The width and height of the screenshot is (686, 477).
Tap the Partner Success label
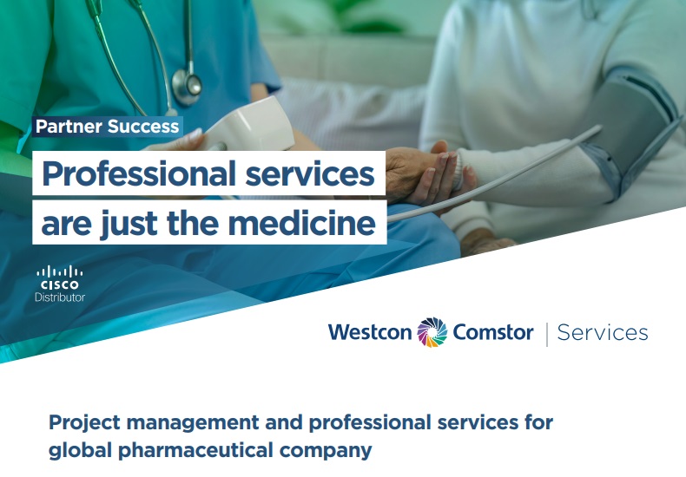click(x=107, y=127)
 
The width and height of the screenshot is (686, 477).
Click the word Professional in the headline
click(x=139, y=173)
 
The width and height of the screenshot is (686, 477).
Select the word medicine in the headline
click(x=302, y=223)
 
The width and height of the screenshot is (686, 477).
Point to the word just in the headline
click(x=129, y=224)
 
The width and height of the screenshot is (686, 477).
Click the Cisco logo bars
click(x=60, y=271)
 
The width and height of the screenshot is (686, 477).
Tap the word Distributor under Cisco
click(x=60, y=297)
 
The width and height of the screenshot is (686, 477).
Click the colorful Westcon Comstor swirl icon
click(x=432, y=332)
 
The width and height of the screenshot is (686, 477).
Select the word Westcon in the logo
click(x=370, y=332)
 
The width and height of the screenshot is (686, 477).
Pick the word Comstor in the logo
click(x=493, y=332)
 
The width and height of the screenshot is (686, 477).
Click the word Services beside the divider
click(x=603, y=333)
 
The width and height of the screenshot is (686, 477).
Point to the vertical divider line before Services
click(x=547, y=335)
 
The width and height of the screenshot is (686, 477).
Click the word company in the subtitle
click(x=326, y=451)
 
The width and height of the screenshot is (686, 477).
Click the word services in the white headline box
click(x=310, y=173)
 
